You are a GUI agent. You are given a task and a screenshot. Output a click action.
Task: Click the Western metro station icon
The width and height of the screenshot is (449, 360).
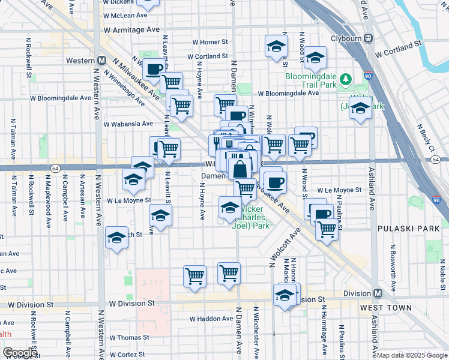point(103,61)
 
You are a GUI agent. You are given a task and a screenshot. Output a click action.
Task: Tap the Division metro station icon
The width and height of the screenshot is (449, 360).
point(378,293)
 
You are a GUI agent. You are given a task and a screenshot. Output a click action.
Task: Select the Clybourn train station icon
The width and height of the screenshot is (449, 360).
point(369,38)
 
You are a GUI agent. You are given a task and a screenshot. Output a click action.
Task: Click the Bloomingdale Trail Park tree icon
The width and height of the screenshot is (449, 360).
point(345,79)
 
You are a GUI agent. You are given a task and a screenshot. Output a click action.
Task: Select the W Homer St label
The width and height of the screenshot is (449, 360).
point(210,43)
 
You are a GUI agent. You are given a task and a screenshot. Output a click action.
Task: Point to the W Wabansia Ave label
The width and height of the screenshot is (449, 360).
point(128,124)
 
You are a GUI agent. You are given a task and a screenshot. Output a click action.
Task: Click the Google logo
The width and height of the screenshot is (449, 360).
point(20,353)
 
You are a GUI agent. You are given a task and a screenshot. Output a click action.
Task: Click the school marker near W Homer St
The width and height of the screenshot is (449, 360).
point(276,46)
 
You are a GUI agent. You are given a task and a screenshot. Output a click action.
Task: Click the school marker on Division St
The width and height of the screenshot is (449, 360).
point(285,294)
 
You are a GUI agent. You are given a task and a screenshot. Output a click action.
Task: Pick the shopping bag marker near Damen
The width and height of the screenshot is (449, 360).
point(240,169)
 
